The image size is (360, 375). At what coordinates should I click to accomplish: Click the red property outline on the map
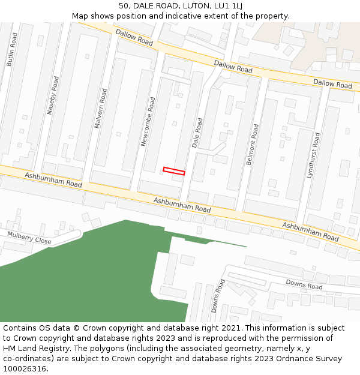pos(174,171)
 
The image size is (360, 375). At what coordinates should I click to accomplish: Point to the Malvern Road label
pos(100,108)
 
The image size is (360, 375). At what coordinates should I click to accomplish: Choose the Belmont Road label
pos(253,141)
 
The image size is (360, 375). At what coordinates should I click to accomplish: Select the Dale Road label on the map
pos(196,133)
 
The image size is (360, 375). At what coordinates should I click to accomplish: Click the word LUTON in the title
pos(188,6)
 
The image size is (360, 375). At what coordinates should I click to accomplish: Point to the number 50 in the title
pos(124,6)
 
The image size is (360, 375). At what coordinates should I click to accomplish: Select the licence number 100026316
pos(24,369)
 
